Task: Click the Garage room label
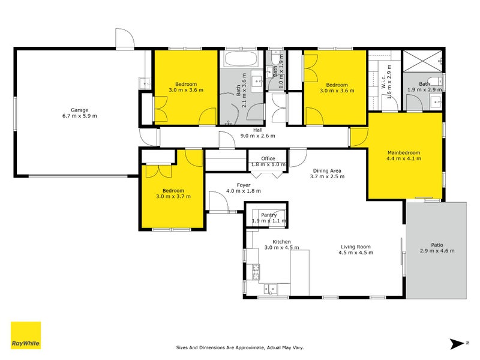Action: pyautogui.click(x=80, y=110)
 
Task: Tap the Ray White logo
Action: pyautogui.click(x=26, y=335)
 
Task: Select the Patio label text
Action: pyautogui.click(x=437, y=245)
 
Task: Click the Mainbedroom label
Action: pyautogui.click(x=404, y=152)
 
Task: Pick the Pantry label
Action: pyautogui.click(x=269, y=215)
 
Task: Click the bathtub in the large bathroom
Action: pyautogui.click(x=241, y=59)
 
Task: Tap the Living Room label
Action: pyautogui.click(x=356, y=247)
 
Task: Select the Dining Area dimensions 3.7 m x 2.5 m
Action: pyautogui.click(x=327, y=176)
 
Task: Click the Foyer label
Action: pyautogui.click(x=244, y=185)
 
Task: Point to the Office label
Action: pyautogui.click(x=268, y=158)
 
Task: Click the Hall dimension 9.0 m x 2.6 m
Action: pyautogui.click(x=258, y=136)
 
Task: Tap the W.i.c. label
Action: pyautogui.click(x=383, y=81)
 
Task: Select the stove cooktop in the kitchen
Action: pyautogui.click(x=256, y=272)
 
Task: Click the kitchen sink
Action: pyautogui.click(x=271, y=289)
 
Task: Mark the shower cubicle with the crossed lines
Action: pyautogui.click(x=422, y=61)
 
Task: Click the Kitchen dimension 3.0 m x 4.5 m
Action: pyautogui.click(x=281, y=247)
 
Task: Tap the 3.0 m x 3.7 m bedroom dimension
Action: pyautogui.click(x=173, y=196)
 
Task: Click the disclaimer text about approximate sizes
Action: pyautogui.click(x=239, y=347)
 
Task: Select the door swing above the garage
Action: pyautogui.click(x=125, y=38)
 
